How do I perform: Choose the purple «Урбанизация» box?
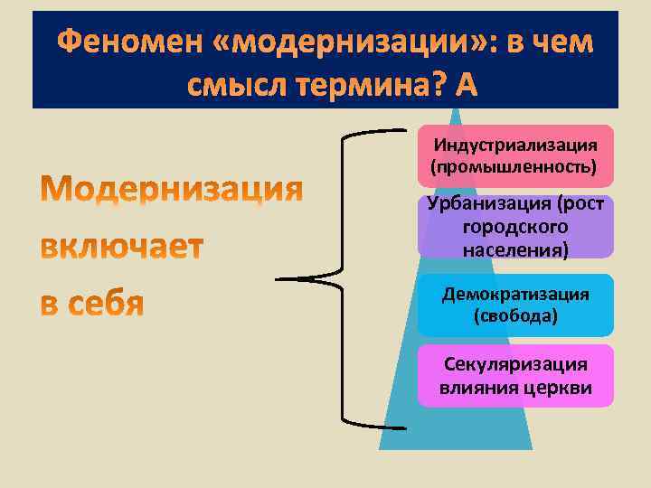click(515, 227)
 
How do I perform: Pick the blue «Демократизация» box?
click(515, 305)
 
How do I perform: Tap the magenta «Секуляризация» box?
click(515, 376)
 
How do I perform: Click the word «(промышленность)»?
click(515, 166)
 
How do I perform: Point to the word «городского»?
click(515, 228)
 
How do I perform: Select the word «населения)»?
click(515, 248)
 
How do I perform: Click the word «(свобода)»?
click(515, 316)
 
